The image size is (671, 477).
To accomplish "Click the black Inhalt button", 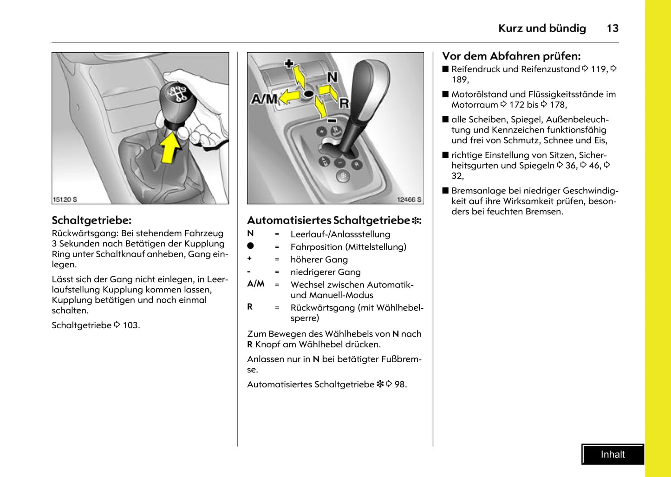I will click(x=612, y=455).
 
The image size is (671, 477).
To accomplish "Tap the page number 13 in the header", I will click(x=612, y=28).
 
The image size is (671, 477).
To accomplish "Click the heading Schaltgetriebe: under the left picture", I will click(x=91, y=220).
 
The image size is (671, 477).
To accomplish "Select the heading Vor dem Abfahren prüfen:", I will click(x=511, y=56).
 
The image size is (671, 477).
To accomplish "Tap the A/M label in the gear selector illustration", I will click(x=264, y=99).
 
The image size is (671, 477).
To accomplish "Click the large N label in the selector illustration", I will click(x=332, y=77).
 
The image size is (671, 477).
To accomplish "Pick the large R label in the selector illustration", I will click(x=344, y=103).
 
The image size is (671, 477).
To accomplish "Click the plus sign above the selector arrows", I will click(x=289, y=63).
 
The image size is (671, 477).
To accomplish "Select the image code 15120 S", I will click(x=65, y=199).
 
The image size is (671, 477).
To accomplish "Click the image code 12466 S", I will click(x=409, y=199).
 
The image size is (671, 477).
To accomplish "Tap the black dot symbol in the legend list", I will click(x=251, y=246).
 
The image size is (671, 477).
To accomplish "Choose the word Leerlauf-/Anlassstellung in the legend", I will click(x=340, y=234).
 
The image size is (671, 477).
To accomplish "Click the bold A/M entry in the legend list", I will click(x=256, y=284).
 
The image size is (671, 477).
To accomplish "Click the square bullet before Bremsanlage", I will click(x=446, y=191).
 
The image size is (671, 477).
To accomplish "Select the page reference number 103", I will click(x=130, y=325).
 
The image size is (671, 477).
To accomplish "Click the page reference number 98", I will click(x=400, y=384).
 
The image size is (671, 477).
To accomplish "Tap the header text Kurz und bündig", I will click(x=542, y=28).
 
